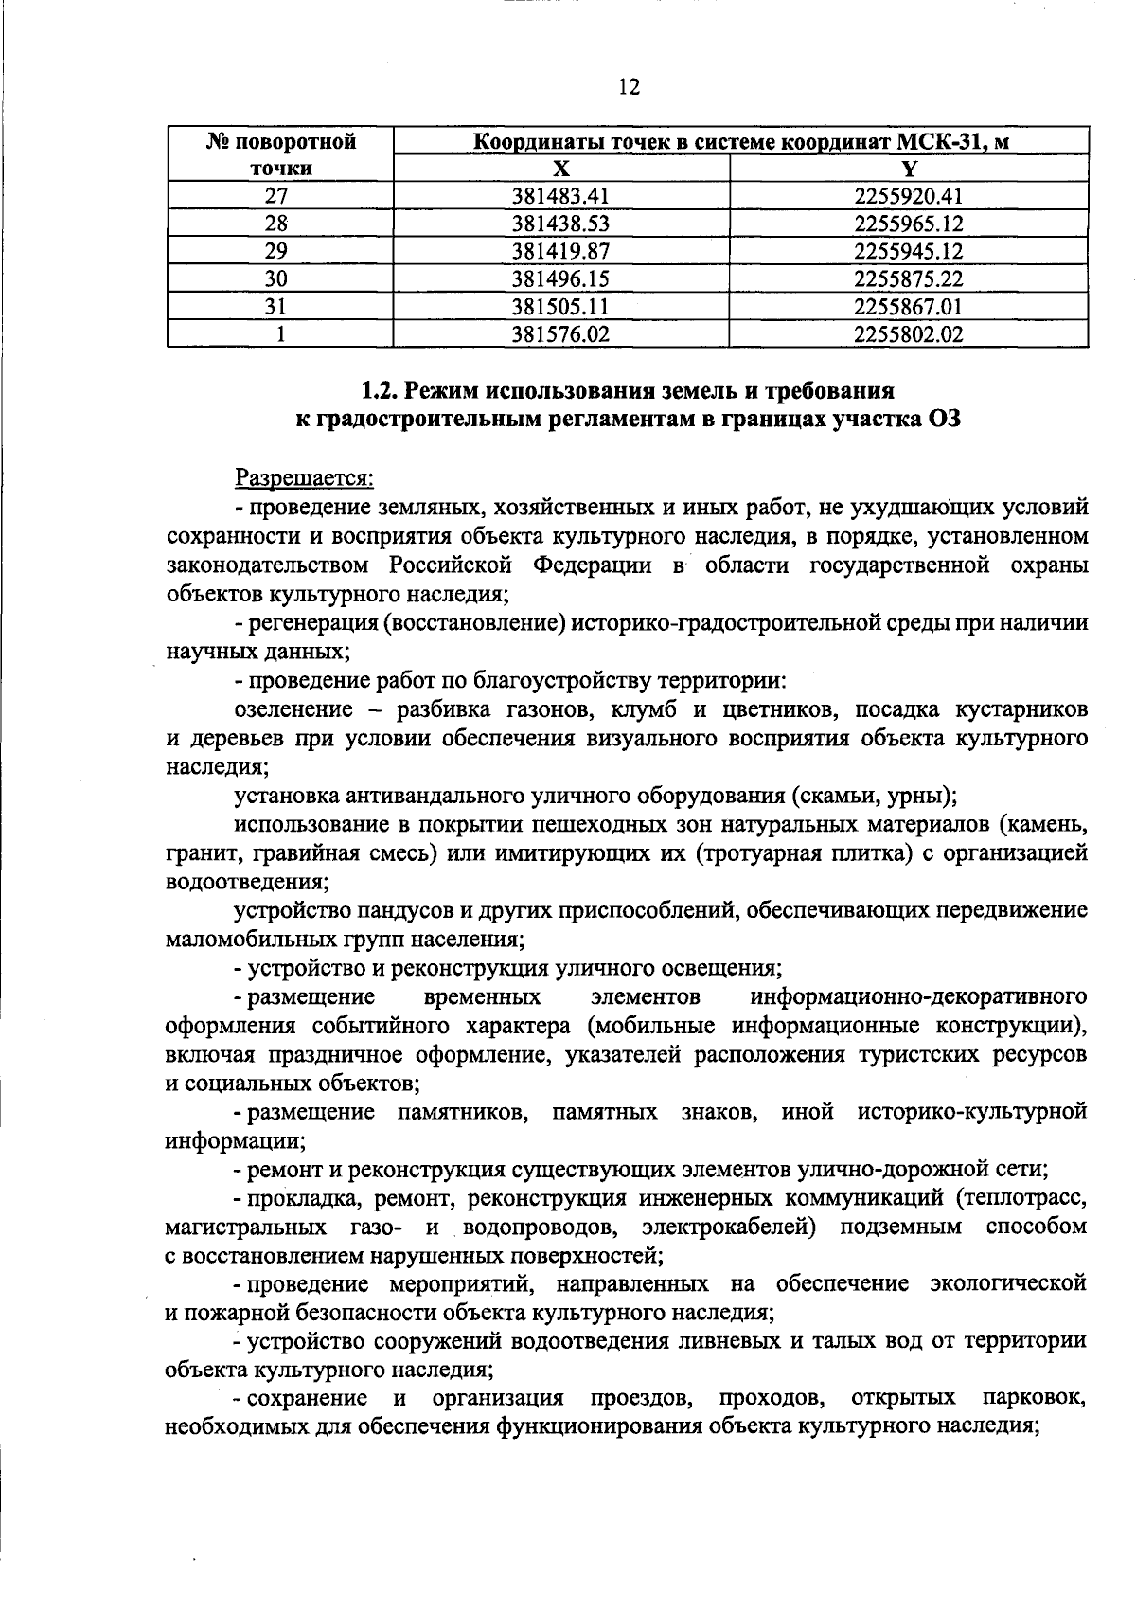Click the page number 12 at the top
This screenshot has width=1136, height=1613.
tap(629, 87)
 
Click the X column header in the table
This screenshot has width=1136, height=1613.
tap(561, 170)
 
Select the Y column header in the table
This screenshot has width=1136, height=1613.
tap(909, 170)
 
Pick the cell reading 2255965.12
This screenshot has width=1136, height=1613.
tap(908, 224)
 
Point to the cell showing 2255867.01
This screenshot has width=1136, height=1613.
tap(908, 307)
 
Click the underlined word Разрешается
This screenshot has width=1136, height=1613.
tap(304, 478)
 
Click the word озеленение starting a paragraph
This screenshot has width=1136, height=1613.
tap(293, 709)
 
